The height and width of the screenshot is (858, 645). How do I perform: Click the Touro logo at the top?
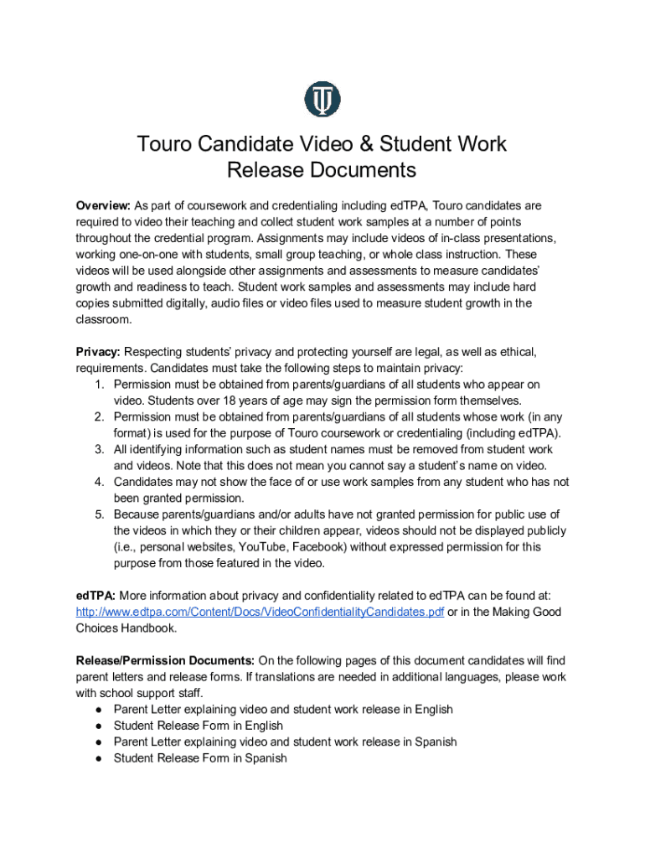pyautogui.click(x=322, y=99)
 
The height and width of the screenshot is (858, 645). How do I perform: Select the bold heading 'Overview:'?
pyautogui.click(x=103, y=205)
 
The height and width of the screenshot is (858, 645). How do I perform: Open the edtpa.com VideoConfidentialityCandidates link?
pyautogui.click(x=260, y=612)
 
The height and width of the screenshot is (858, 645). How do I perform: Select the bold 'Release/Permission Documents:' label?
pyautogui.click(x=165, y=660)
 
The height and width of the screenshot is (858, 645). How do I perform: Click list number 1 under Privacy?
pyautogui.click(x=98, y=385)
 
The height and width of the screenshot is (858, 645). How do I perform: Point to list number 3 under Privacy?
pyautogui.click(x=98, y=450)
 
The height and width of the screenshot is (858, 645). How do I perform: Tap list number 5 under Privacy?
pyautogui.click(x=98, y=514)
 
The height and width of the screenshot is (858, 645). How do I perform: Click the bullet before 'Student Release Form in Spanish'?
pyautogui.click(x=98, y=758)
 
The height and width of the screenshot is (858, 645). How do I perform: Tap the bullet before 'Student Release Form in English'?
pyautogui.click(x=98, y=726)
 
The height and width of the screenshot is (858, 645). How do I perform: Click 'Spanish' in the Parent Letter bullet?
pyautogui.click(x=433, y=742)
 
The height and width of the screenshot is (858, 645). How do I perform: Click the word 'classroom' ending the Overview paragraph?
pyautogui.click(x=103, y=319)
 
